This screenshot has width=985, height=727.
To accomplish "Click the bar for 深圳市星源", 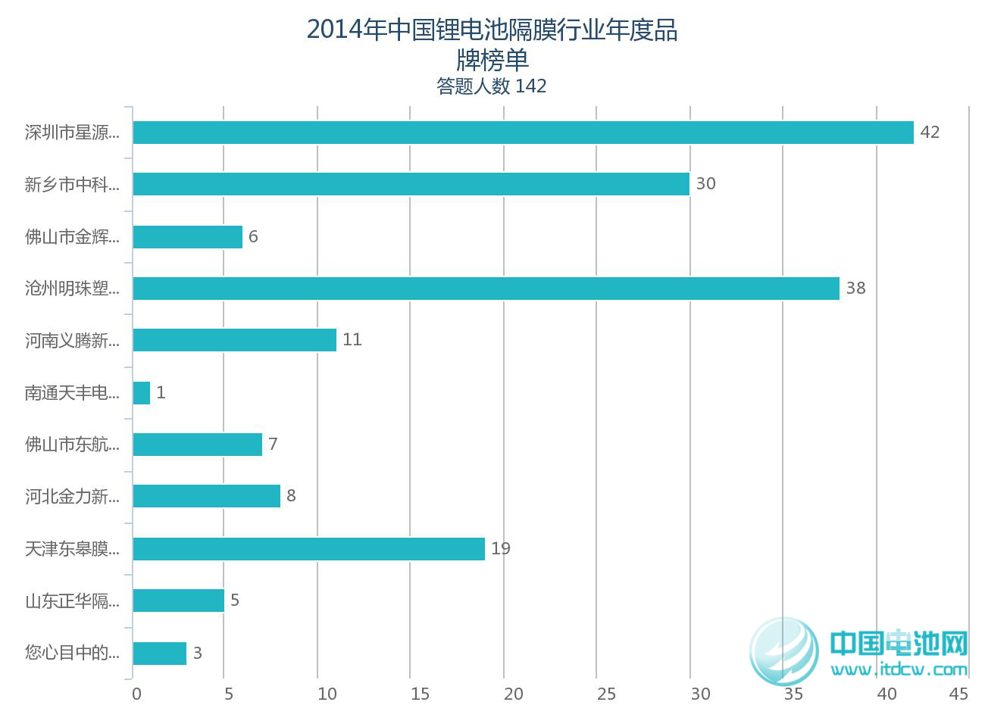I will click(523, 133).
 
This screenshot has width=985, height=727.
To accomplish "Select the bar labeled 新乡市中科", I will click(411, 184).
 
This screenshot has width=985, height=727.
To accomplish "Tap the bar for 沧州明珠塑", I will click(486, 289).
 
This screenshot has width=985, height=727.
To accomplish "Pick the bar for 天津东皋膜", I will click(308, 549).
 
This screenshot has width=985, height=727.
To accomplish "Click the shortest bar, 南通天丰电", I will click(142, 393).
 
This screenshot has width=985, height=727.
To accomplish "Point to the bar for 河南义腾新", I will click(234, 340).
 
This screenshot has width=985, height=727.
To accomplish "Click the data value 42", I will click(930, 133).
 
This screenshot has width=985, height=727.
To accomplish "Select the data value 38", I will click(855, 289).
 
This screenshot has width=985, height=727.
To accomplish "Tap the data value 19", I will click(501, 549).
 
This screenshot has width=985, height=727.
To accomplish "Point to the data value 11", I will click(352, 340).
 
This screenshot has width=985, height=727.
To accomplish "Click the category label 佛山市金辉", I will click(72, 237).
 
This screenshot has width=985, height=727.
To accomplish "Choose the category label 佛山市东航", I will click(72, 445).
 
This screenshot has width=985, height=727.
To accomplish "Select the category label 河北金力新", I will click(72, 497).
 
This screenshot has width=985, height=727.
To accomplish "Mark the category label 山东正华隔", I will click(72, 601).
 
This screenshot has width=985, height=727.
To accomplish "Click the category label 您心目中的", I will click(72, 653).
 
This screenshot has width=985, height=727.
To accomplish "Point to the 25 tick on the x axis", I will click(606, 694).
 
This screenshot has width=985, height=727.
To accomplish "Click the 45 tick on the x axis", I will click(958, 694).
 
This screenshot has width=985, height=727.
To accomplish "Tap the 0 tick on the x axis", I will click(136, 694).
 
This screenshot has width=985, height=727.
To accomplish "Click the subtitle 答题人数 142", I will click(491, 86).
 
